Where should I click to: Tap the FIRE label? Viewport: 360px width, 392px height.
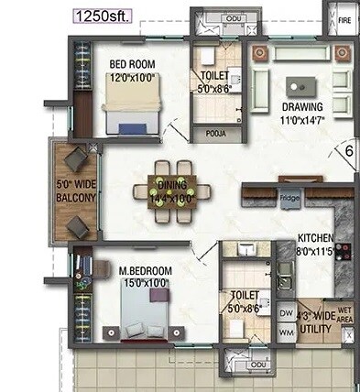[344, 19]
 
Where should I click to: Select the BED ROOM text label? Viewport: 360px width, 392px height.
[132, 64]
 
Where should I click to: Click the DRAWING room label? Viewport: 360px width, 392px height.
[303, 105]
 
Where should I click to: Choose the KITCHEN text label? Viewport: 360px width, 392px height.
[314, 236]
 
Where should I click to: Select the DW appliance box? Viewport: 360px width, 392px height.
[284, 313]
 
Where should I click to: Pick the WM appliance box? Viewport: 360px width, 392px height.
[284, 334]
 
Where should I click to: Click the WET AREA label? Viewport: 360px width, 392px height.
[345, 316]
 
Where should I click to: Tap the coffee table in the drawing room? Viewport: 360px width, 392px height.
[300, 87]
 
